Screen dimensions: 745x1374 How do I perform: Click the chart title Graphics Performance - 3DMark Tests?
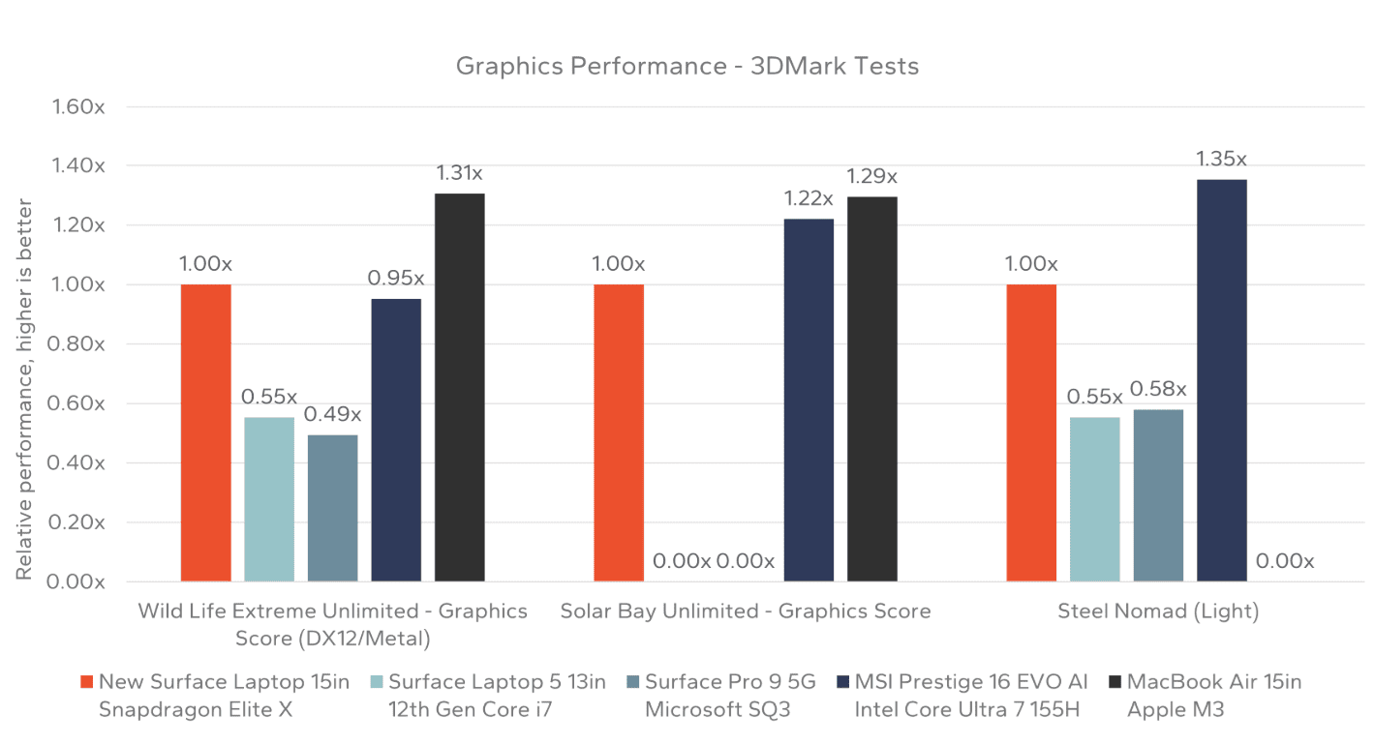point(687,67)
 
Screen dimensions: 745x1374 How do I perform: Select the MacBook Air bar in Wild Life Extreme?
point(459,387)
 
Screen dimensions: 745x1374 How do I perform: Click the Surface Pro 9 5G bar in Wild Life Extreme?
point(332,508)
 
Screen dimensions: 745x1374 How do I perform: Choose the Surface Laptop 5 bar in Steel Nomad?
point(1094,499)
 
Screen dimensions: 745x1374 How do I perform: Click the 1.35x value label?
point(1221,159)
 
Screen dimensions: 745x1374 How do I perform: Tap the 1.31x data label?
point(459,173)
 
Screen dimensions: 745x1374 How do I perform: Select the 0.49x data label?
point(332,414)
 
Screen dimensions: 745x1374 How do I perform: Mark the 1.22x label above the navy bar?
point(809,198)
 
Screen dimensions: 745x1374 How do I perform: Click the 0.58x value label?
point(1158,389)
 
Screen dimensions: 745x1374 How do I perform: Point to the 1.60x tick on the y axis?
point(78,106)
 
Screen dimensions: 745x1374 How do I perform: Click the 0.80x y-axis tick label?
point(78,344)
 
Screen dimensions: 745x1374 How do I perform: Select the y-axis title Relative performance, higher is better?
point(24,390)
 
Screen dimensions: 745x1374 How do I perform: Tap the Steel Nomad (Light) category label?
point(1158,611)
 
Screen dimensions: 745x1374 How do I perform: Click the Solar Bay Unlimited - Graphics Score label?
point(746,611)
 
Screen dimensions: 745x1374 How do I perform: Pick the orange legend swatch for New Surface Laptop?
point(86,682)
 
